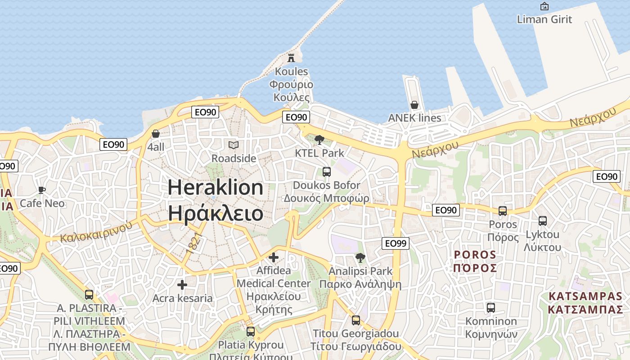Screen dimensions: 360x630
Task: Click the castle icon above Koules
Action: pyautogui.click(x=291, y=58)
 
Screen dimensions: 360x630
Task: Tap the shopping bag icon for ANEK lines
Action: pyautogui.click(x=414, y=105)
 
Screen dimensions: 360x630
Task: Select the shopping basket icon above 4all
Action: pyautogui.click(x=156, y=134)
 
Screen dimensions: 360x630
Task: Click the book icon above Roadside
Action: pyautogui.click(x=233, y=145)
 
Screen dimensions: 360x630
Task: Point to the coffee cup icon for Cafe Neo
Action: pyautogui.click(x=42, y=190)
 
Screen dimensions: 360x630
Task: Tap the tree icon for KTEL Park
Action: pyautogui.click(x=319, y=139)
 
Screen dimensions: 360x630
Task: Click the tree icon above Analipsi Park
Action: pyautogui.click(x=360, y=258)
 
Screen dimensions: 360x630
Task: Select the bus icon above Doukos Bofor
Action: pyautogui.click(x=327, y=171)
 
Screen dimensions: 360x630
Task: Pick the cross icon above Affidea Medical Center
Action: pyautogui.click(x=273, y=257)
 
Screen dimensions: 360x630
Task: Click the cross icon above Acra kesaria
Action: pyautogui.click(x=182, y=285)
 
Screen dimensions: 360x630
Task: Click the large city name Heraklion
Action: pyautogui.click(x=216, y=187)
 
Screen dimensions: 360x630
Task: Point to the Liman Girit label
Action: pyautogui.click(x=544, y=19)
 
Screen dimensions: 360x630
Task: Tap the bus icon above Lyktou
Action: pyautogui.click(x=543, y=221)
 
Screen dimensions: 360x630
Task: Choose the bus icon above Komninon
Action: pyautogui.click(x=491, y=308)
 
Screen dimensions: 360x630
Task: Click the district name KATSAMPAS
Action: pyautogui.click(x=585, y=297)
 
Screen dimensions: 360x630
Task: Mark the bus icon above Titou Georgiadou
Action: pyautogui.click(x=356, y=320)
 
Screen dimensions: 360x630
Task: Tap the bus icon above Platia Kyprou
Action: pyautogui.click(x=251, y=332)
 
